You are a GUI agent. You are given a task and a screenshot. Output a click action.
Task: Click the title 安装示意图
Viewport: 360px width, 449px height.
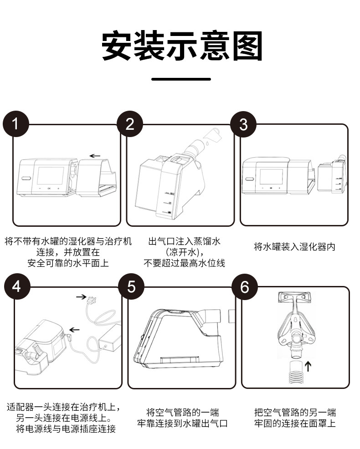click(x=181, y=46)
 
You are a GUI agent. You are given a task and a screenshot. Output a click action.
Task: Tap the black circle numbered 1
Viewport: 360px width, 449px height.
click(x=15, y=124)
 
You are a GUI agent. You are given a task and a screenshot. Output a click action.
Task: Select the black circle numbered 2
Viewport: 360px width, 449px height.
click(x=130, y=124)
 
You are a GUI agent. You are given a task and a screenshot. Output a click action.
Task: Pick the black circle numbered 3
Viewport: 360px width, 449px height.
click(x=243, y=124)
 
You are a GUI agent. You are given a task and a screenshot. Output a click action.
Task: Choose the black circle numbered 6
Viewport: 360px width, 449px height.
click(x=245, y=287)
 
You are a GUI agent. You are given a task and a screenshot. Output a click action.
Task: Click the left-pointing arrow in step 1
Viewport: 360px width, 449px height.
click(x=95, y=156)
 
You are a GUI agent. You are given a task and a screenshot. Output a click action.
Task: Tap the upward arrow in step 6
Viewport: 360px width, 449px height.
click(x=308, y=365)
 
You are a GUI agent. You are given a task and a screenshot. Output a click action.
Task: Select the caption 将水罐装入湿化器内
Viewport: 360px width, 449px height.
click(x=294, y=247)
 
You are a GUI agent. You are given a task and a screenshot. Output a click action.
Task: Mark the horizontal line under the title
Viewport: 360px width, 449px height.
click(x=181, y=79)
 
